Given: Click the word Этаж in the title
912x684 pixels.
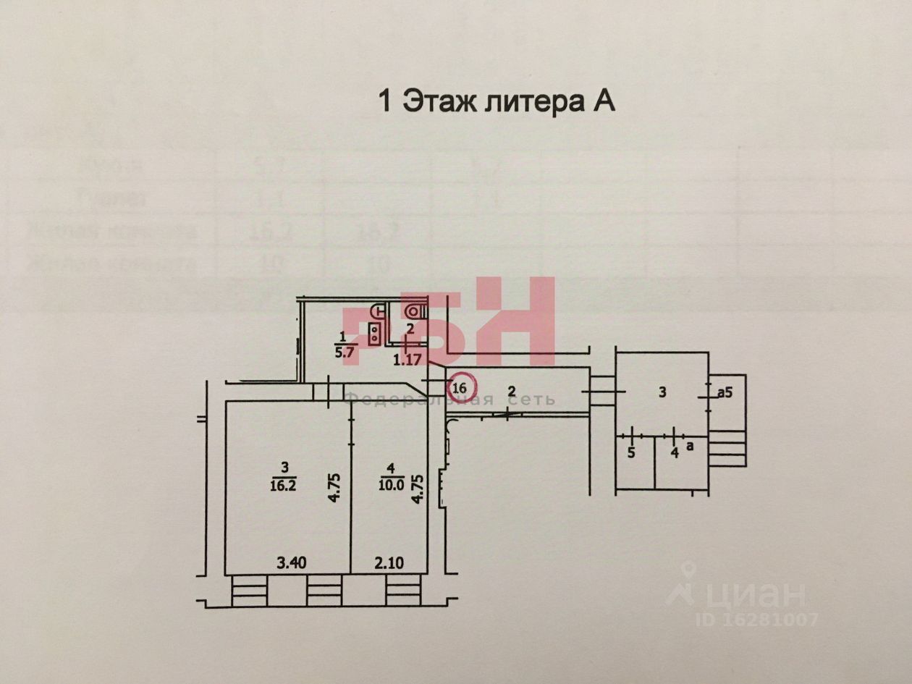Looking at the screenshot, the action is click(440, 101).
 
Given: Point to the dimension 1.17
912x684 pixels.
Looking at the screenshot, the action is click(408, 358).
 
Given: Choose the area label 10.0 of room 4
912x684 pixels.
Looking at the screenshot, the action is click(392, 485).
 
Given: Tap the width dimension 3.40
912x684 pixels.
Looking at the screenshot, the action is click(291, 561).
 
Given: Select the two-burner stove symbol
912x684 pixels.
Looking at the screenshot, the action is click(376, 333).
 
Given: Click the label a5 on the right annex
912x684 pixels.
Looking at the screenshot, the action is click(725, 393).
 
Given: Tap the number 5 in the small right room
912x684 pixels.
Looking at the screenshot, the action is click(631, 455).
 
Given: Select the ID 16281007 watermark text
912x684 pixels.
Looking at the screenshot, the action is click(756, 620).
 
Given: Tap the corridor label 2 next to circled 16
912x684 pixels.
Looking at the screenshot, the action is click(512, 392).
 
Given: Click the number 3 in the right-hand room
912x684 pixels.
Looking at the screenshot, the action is click(662, 392).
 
